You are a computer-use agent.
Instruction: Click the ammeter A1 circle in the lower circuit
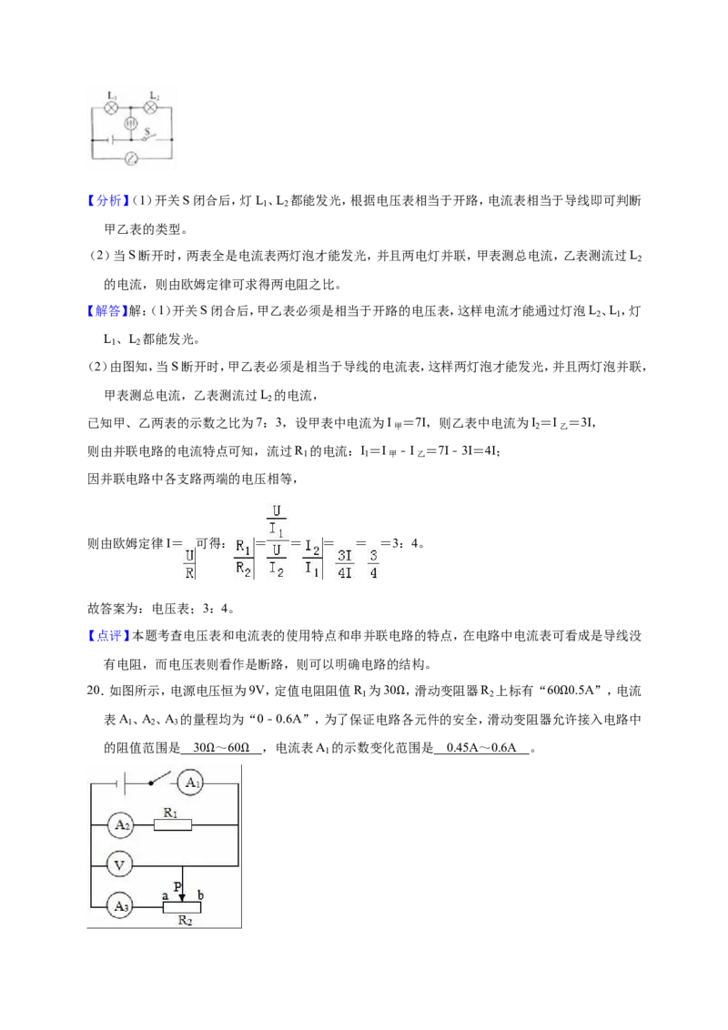click(x=191, y=783)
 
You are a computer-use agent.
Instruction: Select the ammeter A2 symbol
click(x=122, y=824)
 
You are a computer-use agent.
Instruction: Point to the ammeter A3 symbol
click(x=121, y=906)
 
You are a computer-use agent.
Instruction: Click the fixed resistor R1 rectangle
click(x=173, y=824)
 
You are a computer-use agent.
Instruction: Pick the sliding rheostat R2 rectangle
click(x=182, y=907)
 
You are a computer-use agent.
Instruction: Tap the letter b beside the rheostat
click(x=200, y=894)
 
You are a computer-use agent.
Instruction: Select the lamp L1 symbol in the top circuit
click(x=112, y=107)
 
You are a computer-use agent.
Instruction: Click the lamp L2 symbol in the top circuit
click(x=152, y=106)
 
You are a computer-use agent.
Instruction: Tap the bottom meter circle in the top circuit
click(x=131, y=158)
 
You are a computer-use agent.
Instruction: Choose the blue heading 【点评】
click(x=109, y=635)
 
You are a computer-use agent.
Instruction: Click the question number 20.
click(x=96, y=691)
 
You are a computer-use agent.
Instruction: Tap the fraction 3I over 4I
click(x=344, y=564)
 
